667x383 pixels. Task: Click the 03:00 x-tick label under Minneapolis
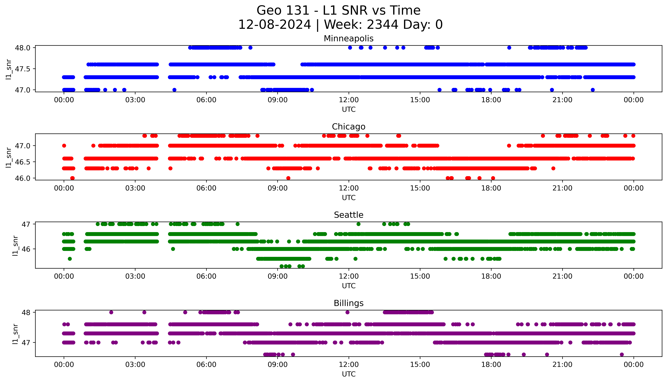click(135, 100)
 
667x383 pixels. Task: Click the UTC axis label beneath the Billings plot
click(349, 374)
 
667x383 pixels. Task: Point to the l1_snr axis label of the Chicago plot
click(9, 157)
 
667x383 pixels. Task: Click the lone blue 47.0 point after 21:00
click(593, 90)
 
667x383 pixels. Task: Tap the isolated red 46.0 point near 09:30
click(288, 178)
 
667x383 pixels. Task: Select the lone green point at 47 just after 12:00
click(358, 224)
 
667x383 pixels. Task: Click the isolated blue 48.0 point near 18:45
click(509, 48)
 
